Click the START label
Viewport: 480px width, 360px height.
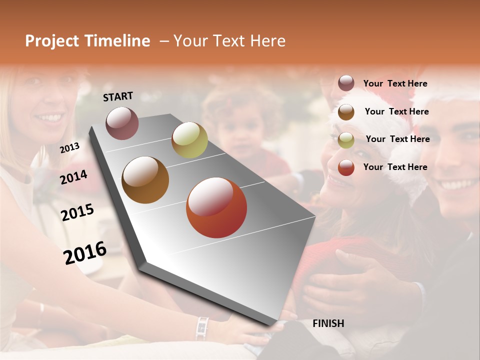pos(118,96)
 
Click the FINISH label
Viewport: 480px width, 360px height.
pos(328,323)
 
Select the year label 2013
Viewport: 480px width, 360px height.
pos(69,148)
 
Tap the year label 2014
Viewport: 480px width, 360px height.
pos(73,177)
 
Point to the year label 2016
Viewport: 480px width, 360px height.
pos(85,253)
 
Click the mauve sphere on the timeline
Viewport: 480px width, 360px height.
pos(122,123)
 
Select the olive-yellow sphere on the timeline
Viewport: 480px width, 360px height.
pos(189,140)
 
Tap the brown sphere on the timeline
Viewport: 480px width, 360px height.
pos(145,180)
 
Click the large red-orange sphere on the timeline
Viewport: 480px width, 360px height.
pos(216,207)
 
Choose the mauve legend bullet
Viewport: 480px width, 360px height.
pos(346,83)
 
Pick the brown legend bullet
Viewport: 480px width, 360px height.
pos(346,112)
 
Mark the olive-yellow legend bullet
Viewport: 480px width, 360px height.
pos(346,140)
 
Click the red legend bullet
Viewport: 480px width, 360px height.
pos(346,167)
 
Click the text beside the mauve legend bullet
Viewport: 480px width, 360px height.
pos(395,84)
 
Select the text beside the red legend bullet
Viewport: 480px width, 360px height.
pos(395,167)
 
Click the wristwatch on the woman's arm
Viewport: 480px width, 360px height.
pos(202,328)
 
